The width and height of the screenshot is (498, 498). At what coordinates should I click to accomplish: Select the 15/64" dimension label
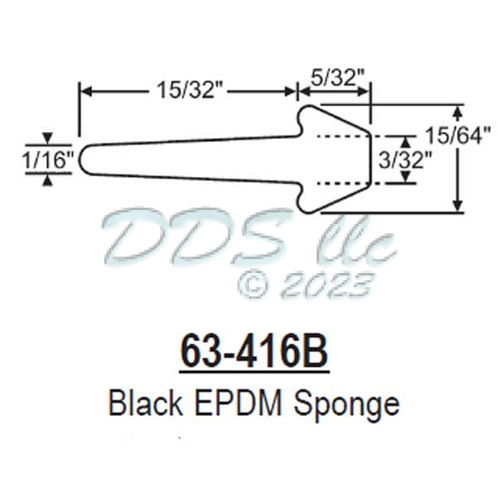click(x=458, y=133)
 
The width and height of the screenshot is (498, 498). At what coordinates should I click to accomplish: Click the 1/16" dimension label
click(x=49, y=158)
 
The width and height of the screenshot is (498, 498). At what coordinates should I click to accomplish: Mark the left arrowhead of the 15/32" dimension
click(x=84, y=89)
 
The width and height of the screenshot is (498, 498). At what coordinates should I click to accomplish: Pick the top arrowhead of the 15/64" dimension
click(x=458, y=110)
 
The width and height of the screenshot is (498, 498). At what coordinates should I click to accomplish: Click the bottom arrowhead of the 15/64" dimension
click(x=458, y=207)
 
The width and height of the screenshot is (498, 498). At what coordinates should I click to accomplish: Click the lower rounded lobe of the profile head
click(x=309, y=204)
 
